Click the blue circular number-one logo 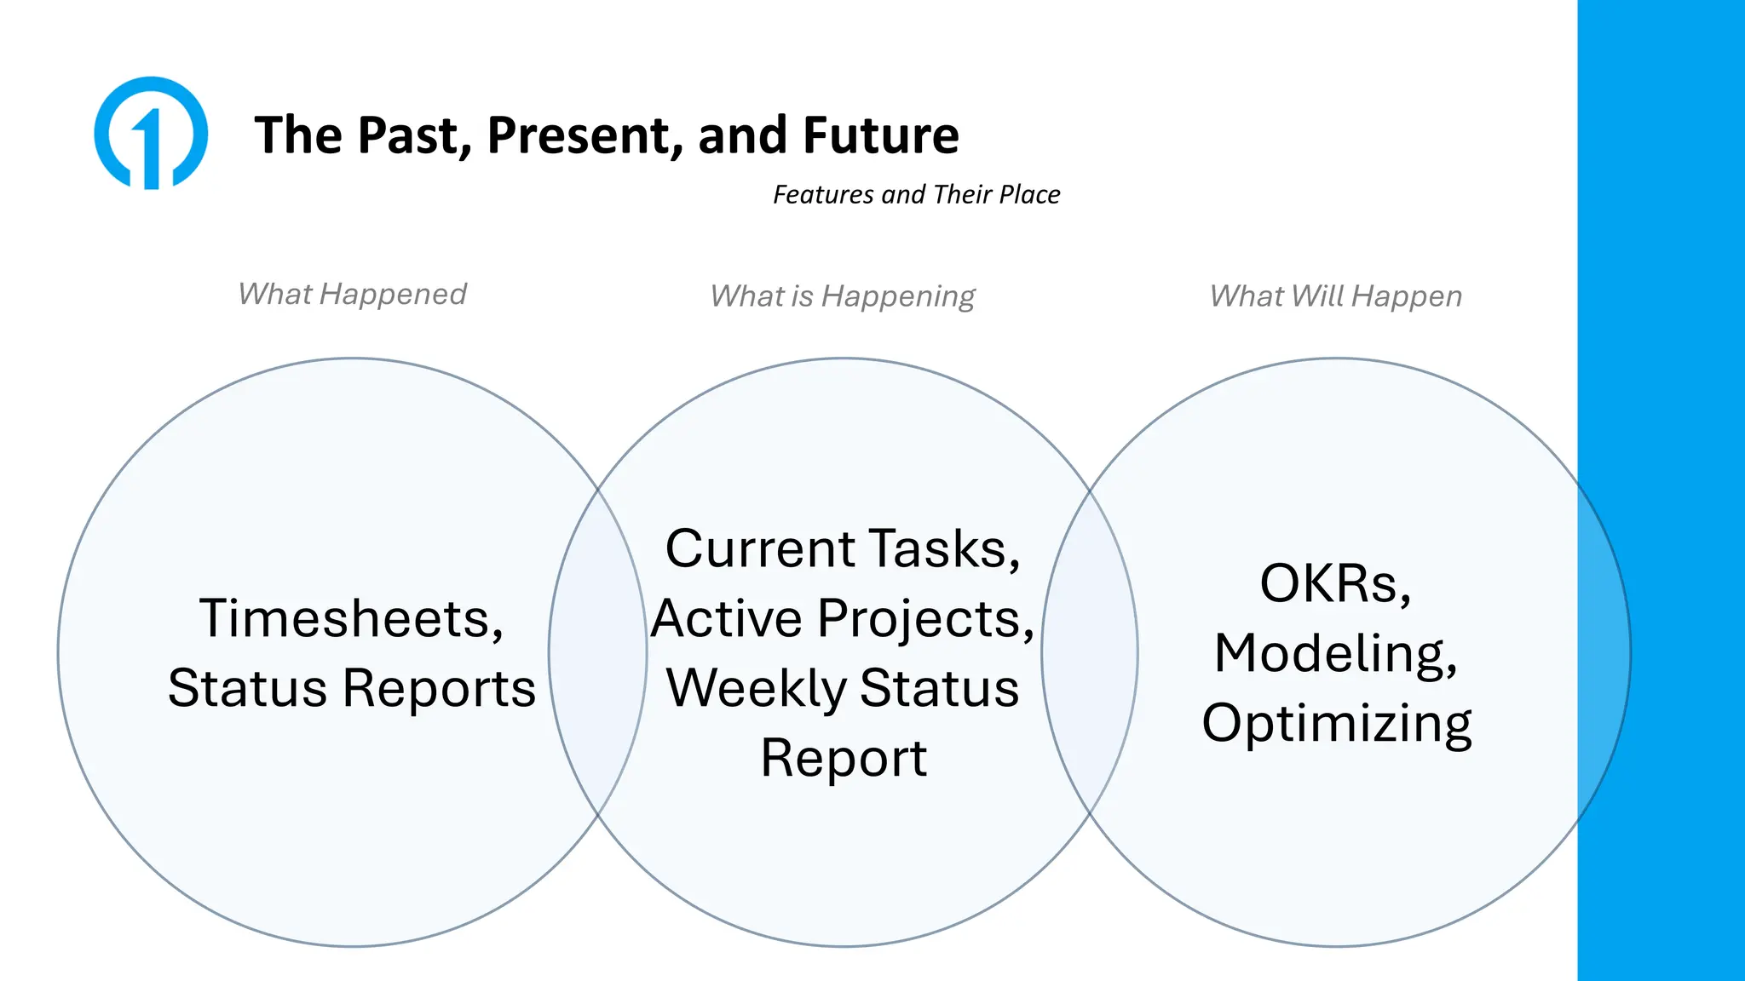(151, 133)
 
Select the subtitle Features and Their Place (916, 195)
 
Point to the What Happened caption (352, 295)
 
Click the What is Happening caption (843, 296)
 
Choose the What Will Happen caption (1335, 296)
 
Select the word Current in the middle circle (760, 548)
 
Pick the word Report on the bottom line (843, 758)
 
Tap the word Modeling (1335, 654)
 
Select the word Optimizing (1336, 724)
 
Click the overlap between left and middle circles (598, 652)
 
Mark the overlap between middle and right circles (1090, 652)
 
